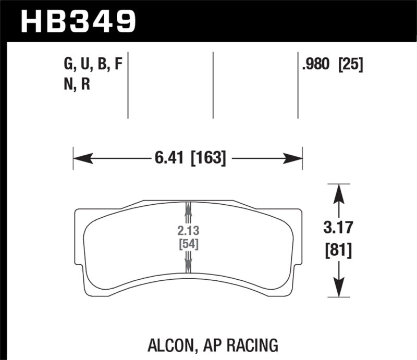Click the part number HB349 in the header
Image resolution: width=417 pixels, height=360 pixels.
pos(77,21)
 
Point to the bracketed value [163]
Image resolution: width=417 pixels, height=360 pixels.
pos(208,157)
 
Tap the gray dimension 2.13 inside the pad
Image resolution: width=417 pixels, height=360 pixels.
pos(188,231)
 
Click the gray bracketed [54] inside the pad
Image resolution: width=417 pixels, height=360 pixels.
pos(188,244)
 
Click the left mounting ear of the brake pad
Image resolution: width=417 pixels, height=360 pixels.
pos(80,215)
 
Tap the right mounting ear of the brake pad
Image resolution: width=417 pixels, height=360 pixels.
pos(297,215)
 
